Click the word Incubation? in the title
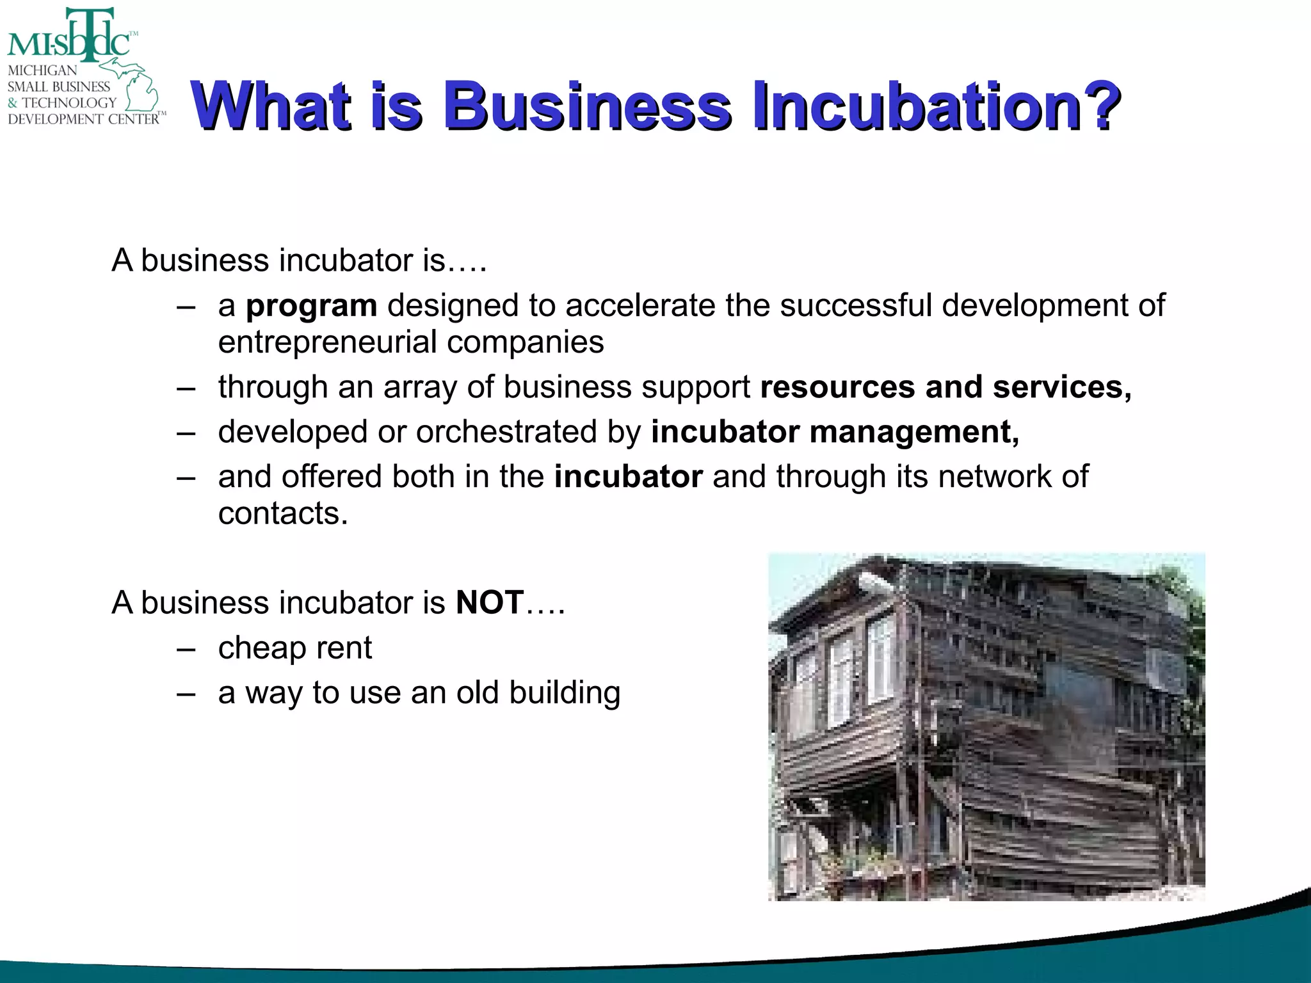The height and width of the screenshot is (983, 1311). [936, 106]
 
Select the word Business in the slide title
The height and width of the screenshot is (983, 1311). [588, 106]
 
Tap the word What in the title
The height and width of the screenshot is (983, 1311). [271, 106]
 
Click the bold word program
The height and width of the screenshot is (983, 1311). [312, 306]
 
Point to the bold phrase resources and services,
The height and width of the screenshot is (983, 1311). [945, 387]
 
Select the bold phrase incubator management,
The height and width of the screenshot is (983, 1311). [835, 432]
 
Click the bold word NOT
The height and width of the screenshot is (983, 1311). [490, 603]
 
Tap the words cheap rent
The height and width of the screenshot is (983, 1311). [294, 648]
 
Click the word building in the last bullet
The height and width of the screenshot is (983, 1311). [565, 692]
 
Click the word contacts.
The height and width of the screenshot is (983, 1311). [283, 513]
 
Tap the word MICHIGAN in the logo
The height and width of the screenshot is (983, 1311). [42, 70]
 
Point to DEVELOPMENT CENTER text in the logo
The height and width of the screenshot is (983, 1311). [83, 119]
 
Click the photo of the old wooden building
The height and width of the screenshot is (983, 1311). [986, 727]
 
